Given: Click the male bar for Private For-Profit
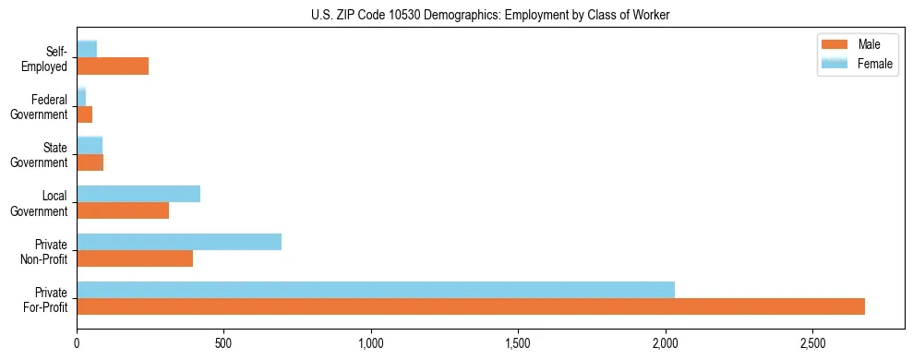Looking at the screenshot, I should click(471, 306).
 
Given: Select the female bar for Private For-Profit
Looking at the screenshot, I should click(376, 289).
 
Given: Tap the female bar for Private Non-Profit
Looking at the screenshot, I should click(179, 242).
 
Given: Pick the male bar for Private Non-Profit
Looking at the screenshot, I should click(135, 258).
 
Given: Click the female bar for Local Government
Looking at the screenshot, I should click(138, 194).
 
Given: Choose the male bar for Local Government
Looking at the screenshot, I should click(123, 210).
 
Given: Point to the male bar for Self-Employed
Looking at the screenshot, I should click(113, 66).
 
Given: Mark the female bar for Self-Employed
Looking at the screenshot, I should click(87, 49).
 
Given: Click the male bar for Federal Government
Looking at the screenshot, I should click(84, 114).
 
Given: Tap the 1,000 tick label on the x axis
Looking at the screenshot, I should click(371, 342).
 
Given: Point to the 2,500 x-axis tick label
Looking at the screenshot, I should click(812, 342).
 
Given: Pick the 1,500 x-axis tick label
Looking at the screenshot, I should click(518, 342).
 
